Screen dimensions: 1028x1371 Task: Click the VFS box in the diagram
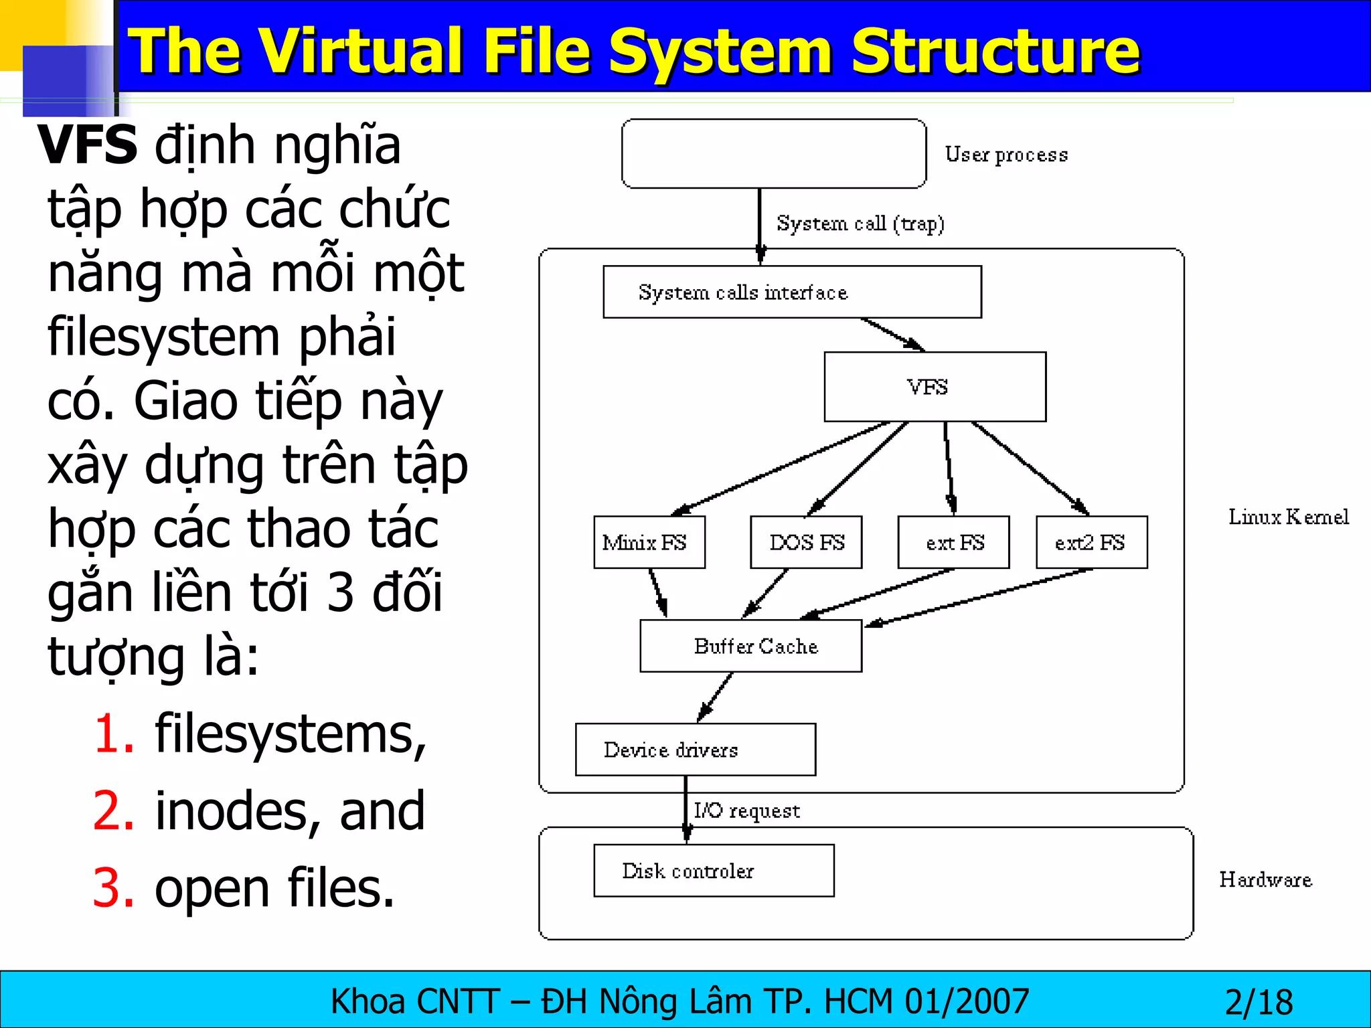tap(935, 387)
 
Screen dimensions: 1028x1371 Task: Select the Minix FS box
tap(649, 542)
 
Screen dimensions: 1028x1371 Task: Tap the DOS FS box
tap(806, 542)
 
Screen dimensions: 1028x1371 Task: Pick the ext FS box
tap(953, 542)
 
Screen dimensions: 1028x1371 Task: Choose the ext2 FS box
tap(1091, 542)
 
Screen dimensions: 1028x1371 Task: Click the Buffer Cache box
tap(750, 646)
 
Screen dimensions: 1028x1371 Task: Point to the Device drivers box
tap(695, 750)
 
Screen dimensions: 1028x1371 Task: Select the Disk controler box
tap(714, 871)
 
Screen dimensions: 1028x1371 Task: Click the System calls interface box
tap(792, 292)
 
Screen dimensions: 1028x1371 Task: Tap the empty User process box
tap(774, 154)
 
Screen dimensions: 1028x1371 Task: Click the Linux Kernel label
tap(1288, 517)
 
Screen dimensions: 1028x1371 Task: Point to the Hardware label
tap(1265, 879)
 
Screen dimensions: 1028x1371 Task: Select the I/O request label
tap(746, 810)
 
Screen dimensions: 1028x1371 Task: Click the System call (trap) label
tap(860, 223)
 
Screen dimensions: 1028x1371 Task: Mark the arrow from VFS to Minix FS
tap(780, 468)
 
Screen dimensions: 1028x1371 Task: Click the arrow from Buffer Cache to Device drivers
tap(715, 697)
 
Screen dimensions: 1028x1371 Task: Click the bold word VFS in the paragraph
tap(88, 145)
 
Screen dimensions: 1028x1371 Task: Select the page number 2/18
tap(1259, 1002)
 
